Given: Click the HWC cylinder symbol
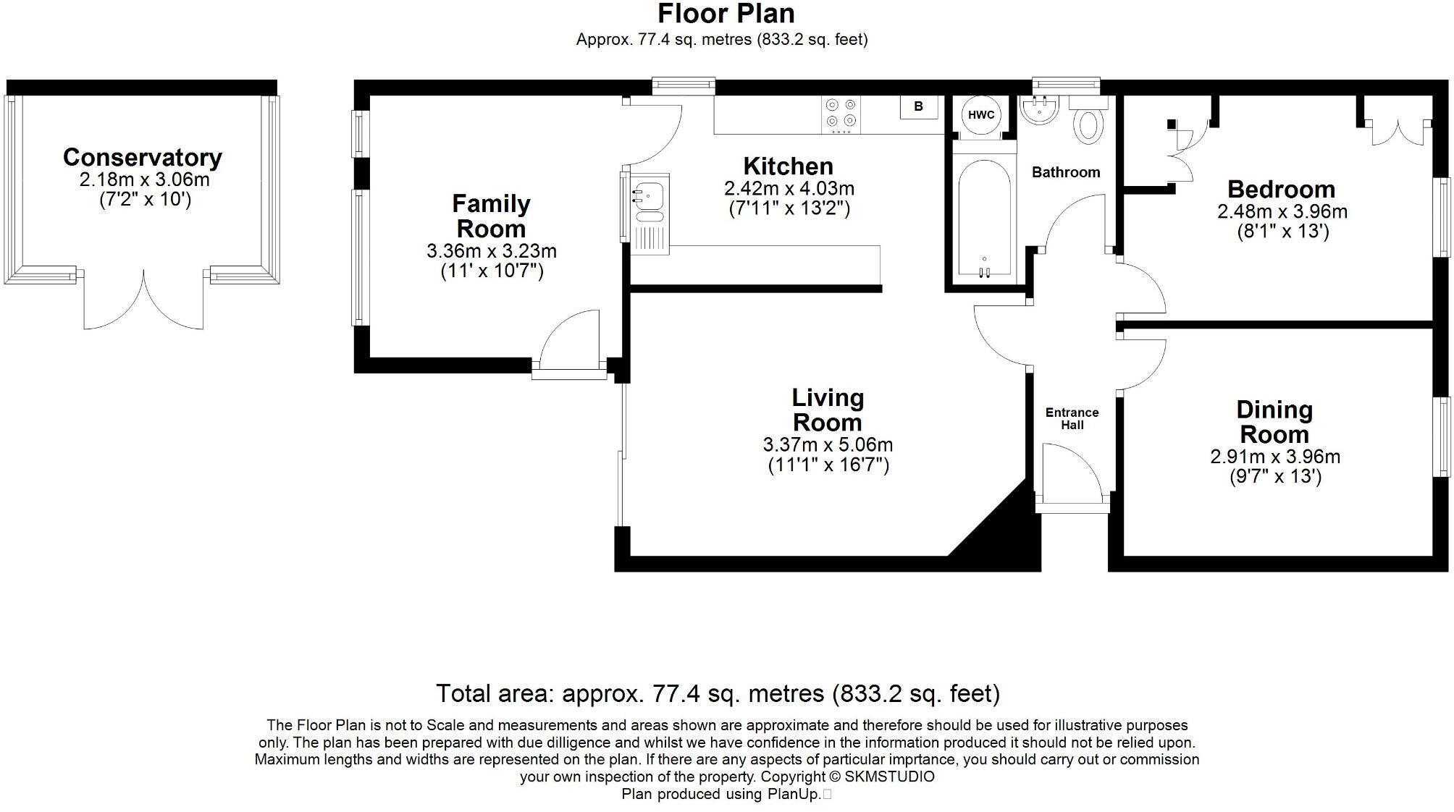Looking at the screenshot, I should tap(981, 115).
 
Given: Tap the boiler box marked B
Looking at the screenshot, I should tap(918, 106).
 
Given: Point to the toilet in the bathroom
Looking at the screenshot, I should tap(1088, 124).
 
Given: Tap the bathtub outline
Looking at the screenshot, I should tap(983, 217).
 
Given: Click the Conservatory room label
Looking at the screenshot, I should tap(143, 157).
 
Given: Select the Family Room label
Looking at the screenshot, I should tap(491, 216).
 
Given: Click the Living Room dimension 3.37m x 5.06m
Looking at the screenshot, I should tap(828, 444).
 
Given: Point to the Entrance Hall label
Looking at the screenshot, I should tap(1072, 418).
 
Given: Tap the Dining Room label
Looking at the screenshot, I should tap(1274, 422).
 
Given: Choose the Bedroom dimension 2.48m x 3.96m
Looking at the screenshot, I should tap(1282, 211).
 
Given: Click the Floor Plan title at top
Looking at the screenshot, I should tap(726, 14).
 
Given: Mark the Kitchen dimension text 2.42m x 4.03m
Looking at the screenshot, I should tap(789, 189).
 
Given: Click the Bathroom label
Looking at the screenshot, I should tap(1065, 172).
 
